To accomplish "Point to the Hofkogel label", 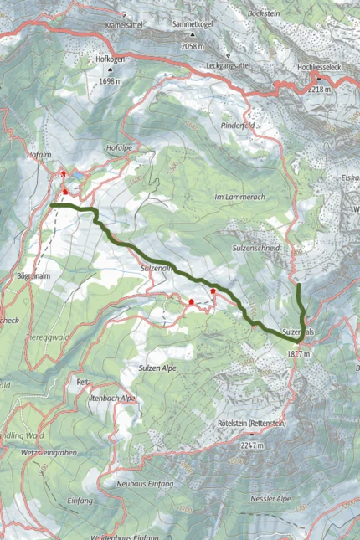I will click(110, 59).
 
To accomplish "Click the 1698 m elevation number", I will click(110, 82).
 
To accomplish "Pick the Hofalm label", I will click(40, 154).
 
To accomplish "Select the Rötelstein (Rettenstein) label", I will click(251, 424).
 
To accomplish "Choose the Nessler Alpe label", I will click(270, 498).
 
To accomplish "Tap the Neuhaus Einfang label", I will click(146, 484).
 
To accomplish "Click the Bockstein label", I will click(263, 13).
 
